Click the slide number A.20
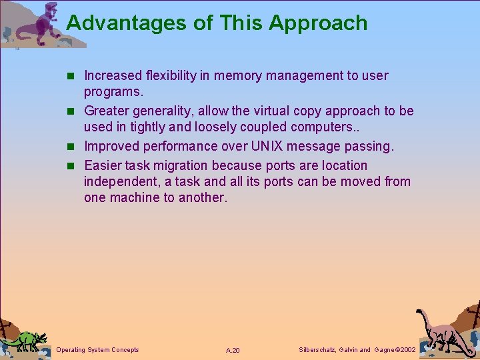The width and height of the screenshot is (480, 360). coord(233,350)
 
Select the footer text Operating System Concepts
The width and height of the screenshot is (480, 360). coord(98,349)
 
